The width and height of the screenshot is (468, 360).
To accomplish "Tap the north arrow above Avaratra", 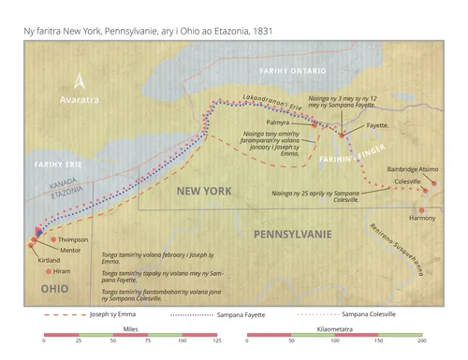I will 80,80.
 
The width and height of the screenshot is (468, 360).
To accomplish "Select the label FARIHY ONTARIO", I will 295,71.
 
